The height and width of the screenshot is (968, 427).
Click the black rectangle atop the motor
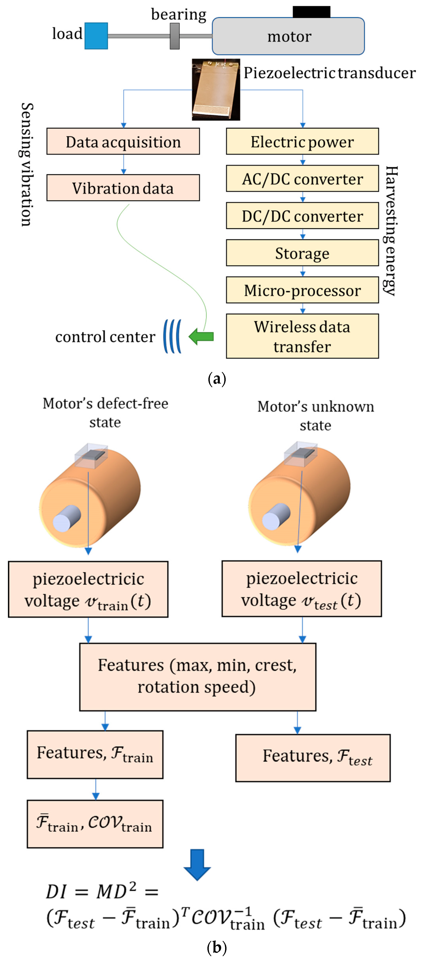(x=311, y=12)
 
